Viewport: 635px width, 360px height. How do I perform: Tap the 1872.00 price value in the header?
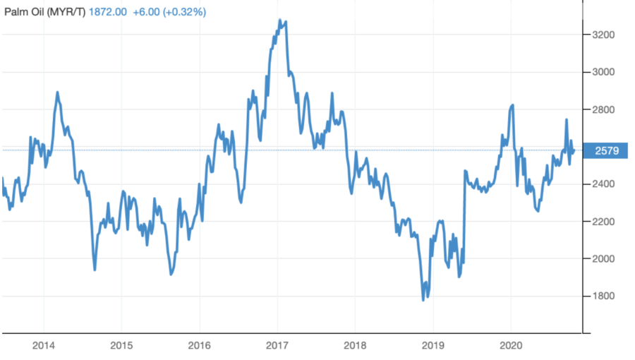(109, 11)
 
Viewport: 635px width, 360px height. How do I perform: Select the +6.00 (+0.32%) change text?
(169, 11)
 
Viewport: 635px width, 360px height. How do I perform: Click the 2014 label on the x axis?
(43, 347)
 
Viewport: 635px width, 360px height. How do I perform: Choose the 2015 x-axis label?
(121, 347)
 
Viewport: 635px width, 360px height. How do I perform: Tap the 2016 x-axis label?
(199, 347)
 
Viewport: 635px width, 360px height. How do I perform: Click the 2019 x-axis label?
(433, 347)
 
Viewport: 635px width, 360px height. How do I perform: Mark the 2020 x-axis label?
(510, 347)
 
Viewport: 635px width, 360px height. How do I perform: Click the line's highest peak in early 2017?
(279, 20)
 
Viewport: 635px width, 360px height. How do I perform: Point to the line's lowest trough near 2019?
(423, 300)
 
